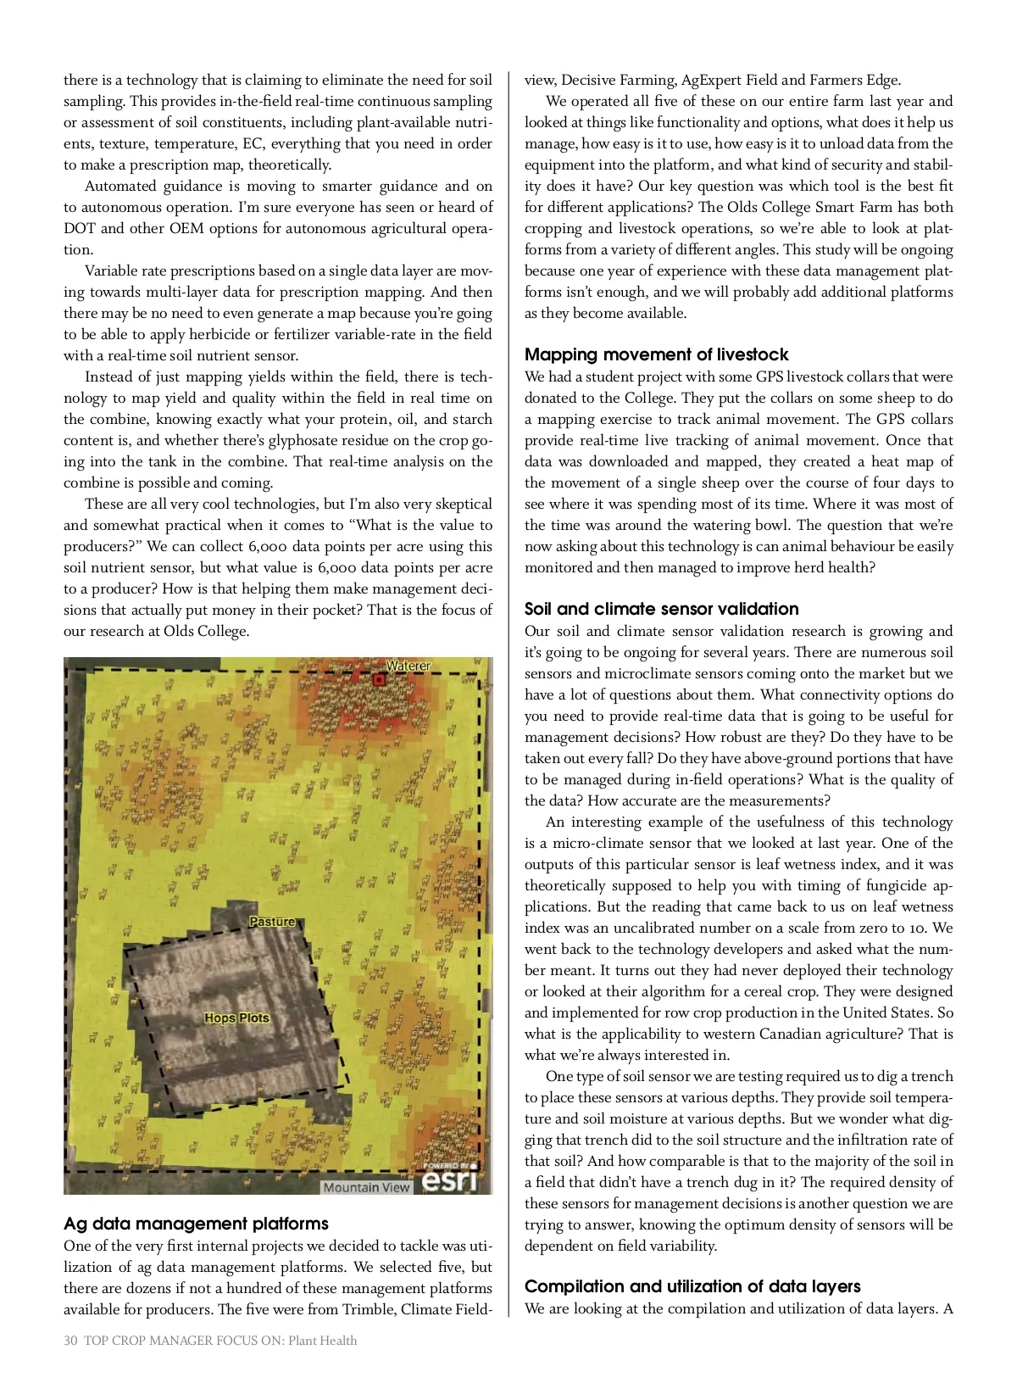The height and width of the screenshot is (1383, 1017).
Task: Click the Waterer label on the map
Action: coord(408,666)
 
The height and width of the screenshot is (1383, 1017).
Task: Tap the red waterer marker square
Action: coord(379,680)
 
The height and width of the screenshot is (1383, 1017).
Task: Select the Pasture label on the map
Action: coord(272,921)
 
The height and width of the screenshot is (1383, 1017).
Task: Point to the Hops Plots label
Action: coord(236,1018)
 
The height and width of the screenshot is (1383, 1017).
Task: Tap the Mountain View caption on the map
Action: coord(366,1187)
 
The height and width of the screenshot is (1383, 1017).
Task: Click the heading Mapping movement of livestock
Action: coord(656,354)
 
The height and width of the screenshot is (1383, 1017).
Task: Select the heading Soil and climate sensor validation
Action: coord(661,609)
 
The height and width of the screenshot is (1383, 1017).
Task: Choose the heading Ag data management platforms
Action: coord(196,1224)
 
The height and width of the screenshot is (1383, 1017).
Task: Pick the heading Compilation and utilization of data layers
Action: coord(692,1286)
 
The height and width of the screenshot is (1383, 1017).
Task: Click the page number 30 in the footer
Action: coord(70,1341)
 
